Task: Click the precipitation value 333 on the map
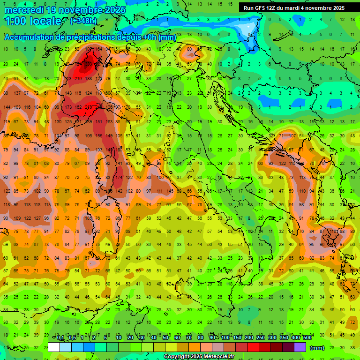coord(88,63)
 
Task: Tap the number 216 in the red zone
coord(78,78)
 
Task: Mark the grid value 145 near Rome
coord(169,191)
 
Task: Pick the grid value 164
coord(98,49)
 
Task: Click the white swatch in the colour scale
coord(54,347)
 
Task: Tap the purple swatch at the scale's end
coord(300,347)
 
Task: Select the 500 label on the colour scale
coord(307,338)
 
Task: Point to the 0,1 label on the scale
coord(60,338)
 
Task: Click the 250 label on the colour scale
coord(260,338)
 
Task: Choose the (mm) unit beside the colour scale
coord(317,348)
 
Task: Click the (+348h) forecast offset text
coord(83,21)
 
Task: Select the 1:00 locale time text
coord(33,21)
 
